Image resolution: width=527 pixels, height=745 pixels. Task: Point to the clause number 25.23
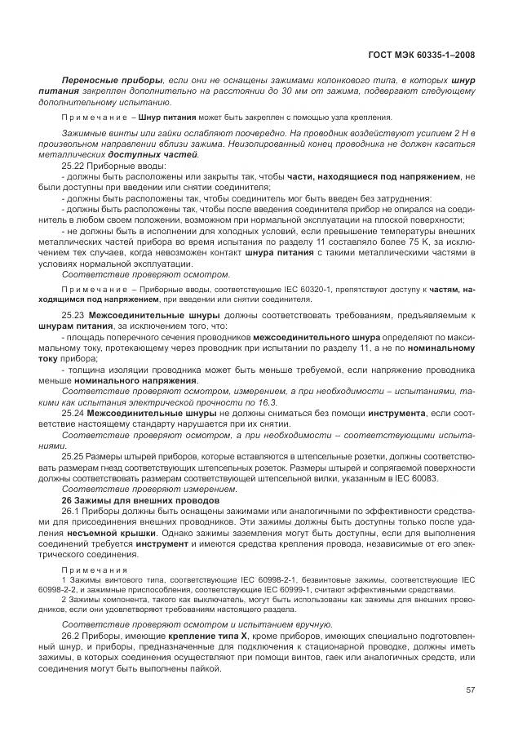click(74, 315)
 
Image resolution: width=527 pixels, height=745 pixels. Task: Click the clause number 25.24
click(74, 414)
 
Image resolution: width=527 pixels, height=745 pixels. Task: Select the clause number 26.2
click(72, 635)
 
